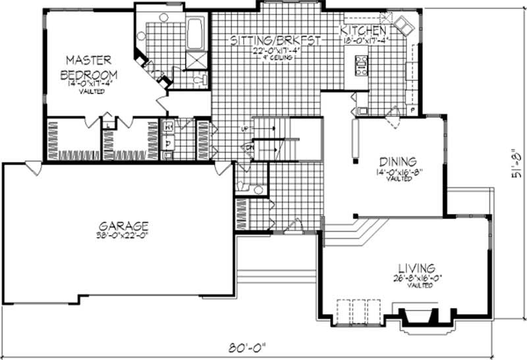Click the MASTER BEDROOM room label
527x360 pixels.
[x=89, y=66]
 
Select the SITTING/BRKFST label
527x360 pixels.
[x=275, y=41]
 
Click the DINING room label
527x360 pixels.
[x=397, y=161]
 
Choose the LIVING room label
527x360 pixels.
[x=416, y=269]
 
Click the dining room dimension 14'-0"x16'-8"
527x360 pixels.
[x=397, y=172]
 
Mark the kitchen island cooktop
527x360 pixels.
[x=362, y=64]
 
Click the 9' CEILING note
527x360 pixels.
[x=275, y=57]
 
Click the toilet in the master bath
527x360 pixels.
[x=200, y=80]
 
